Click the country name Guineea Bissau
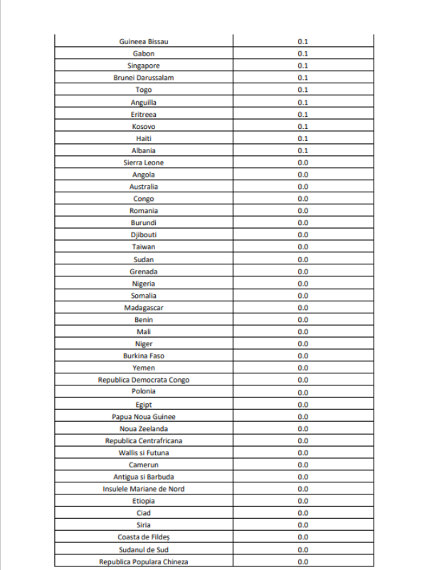(144, 41)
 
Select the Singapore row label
(144, 66)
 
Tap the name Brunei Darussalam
(144, 78)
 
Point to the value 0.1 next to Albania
(302, 150)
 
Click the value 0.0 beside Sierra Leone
(302, 162)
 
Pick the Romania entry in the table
(144, 211)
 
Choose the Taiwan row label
(144, 247)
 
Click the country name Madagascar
(144, 308)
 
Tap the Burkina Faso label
(144, 356)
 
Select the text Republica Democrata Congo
(144, 380)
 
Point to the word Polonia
(144, 391)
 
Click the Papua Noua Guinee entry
(144, 416)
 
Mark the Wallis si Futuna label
(144, 452)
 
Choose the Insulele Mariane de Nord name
(144, 489)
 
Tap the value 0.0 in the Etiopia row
(302, 501)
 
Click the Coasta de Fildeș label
(144, 537)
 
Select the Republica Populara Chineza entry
(144, 562)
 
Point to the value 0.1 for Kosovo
(302, 126)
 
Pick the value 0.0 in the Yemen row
(302, 368)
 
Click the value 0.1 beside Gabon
(302, 53)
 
